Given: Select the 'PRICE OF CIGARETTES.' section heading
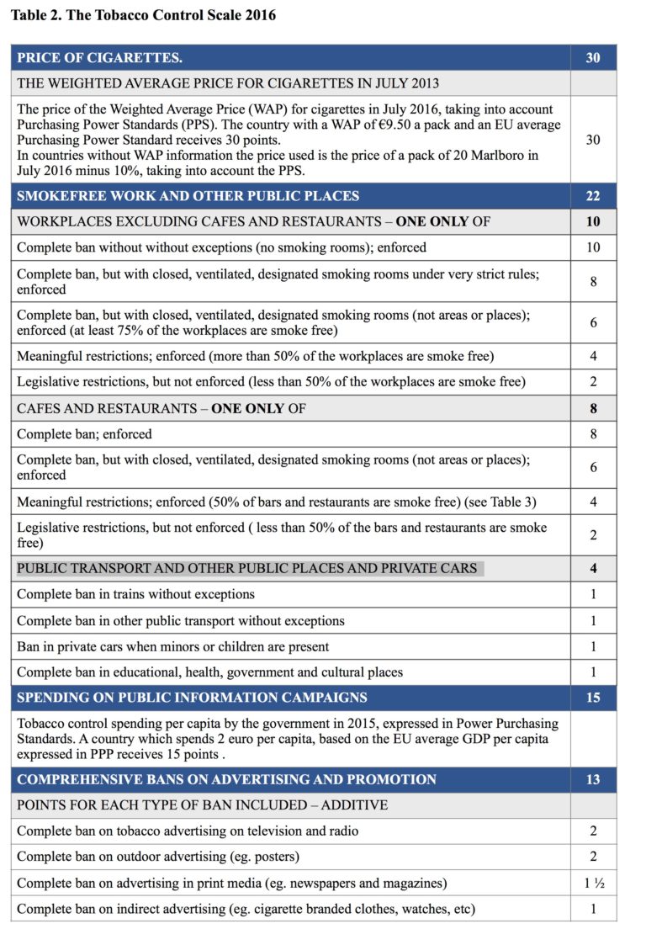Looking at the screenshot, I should (99, 58).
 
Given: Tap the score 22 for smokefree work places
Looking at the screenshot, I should (593, 196).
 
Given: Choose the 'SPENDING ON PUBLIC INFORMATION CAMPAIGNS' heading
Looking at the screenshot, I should (192, 698).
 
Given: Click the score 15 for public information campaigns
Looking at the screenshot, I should (593, 698).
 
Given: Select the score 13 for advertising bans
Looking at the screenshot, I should (593, 779).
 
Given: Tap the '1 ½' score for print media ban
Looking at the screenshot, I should (593, 883).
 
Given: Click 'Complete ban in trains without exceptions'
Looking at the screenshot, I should (135, 594).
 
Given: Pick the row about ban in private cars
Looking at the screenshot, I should (172, 646).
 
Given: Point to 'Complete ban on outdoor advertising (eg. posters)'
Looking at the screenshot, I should (158, 857).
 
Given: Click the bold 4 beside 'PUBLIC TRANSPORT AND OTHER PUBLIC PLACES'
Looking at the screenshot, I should (593, 568).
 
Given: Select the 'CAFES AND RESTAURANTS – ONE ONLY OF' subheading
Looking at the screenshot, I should (161, 409).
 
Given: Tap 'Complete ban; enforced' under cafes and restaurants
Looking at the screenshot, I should (84, 434).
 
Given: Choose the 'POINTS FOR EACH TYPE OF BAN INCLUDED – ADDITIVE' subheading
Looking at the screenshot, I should (202, 805).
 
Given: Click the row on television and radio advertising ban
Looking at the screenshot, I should (188, 831).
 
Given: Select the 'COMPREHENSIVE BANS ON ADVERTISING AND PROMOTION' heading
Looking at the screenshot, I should (226, 779).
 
